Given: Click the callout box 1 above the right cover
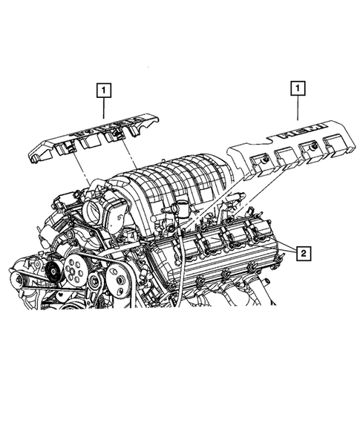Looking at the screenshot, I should [298, 90].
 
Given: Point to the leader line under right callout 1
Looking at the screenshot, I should [298, 110].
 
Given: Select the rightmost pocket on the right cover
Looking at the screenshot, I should [330, 152].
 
